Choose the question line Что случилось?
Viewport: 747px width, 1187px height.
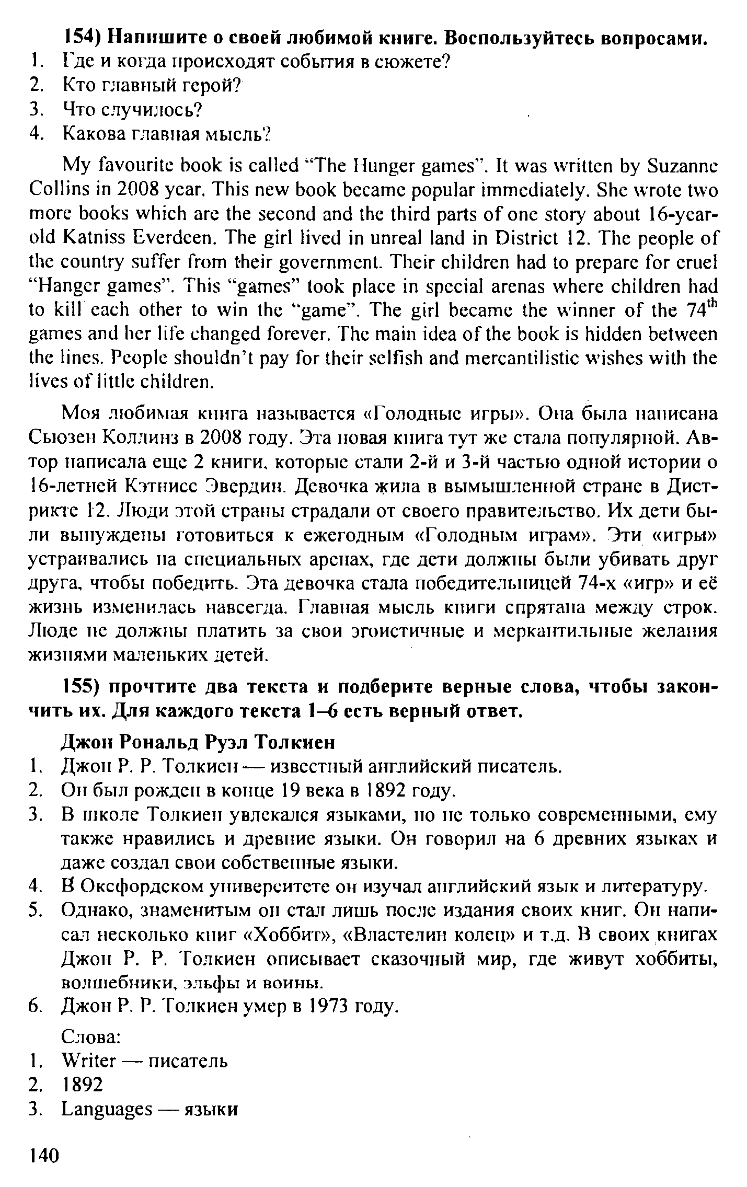coord(132,110)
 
